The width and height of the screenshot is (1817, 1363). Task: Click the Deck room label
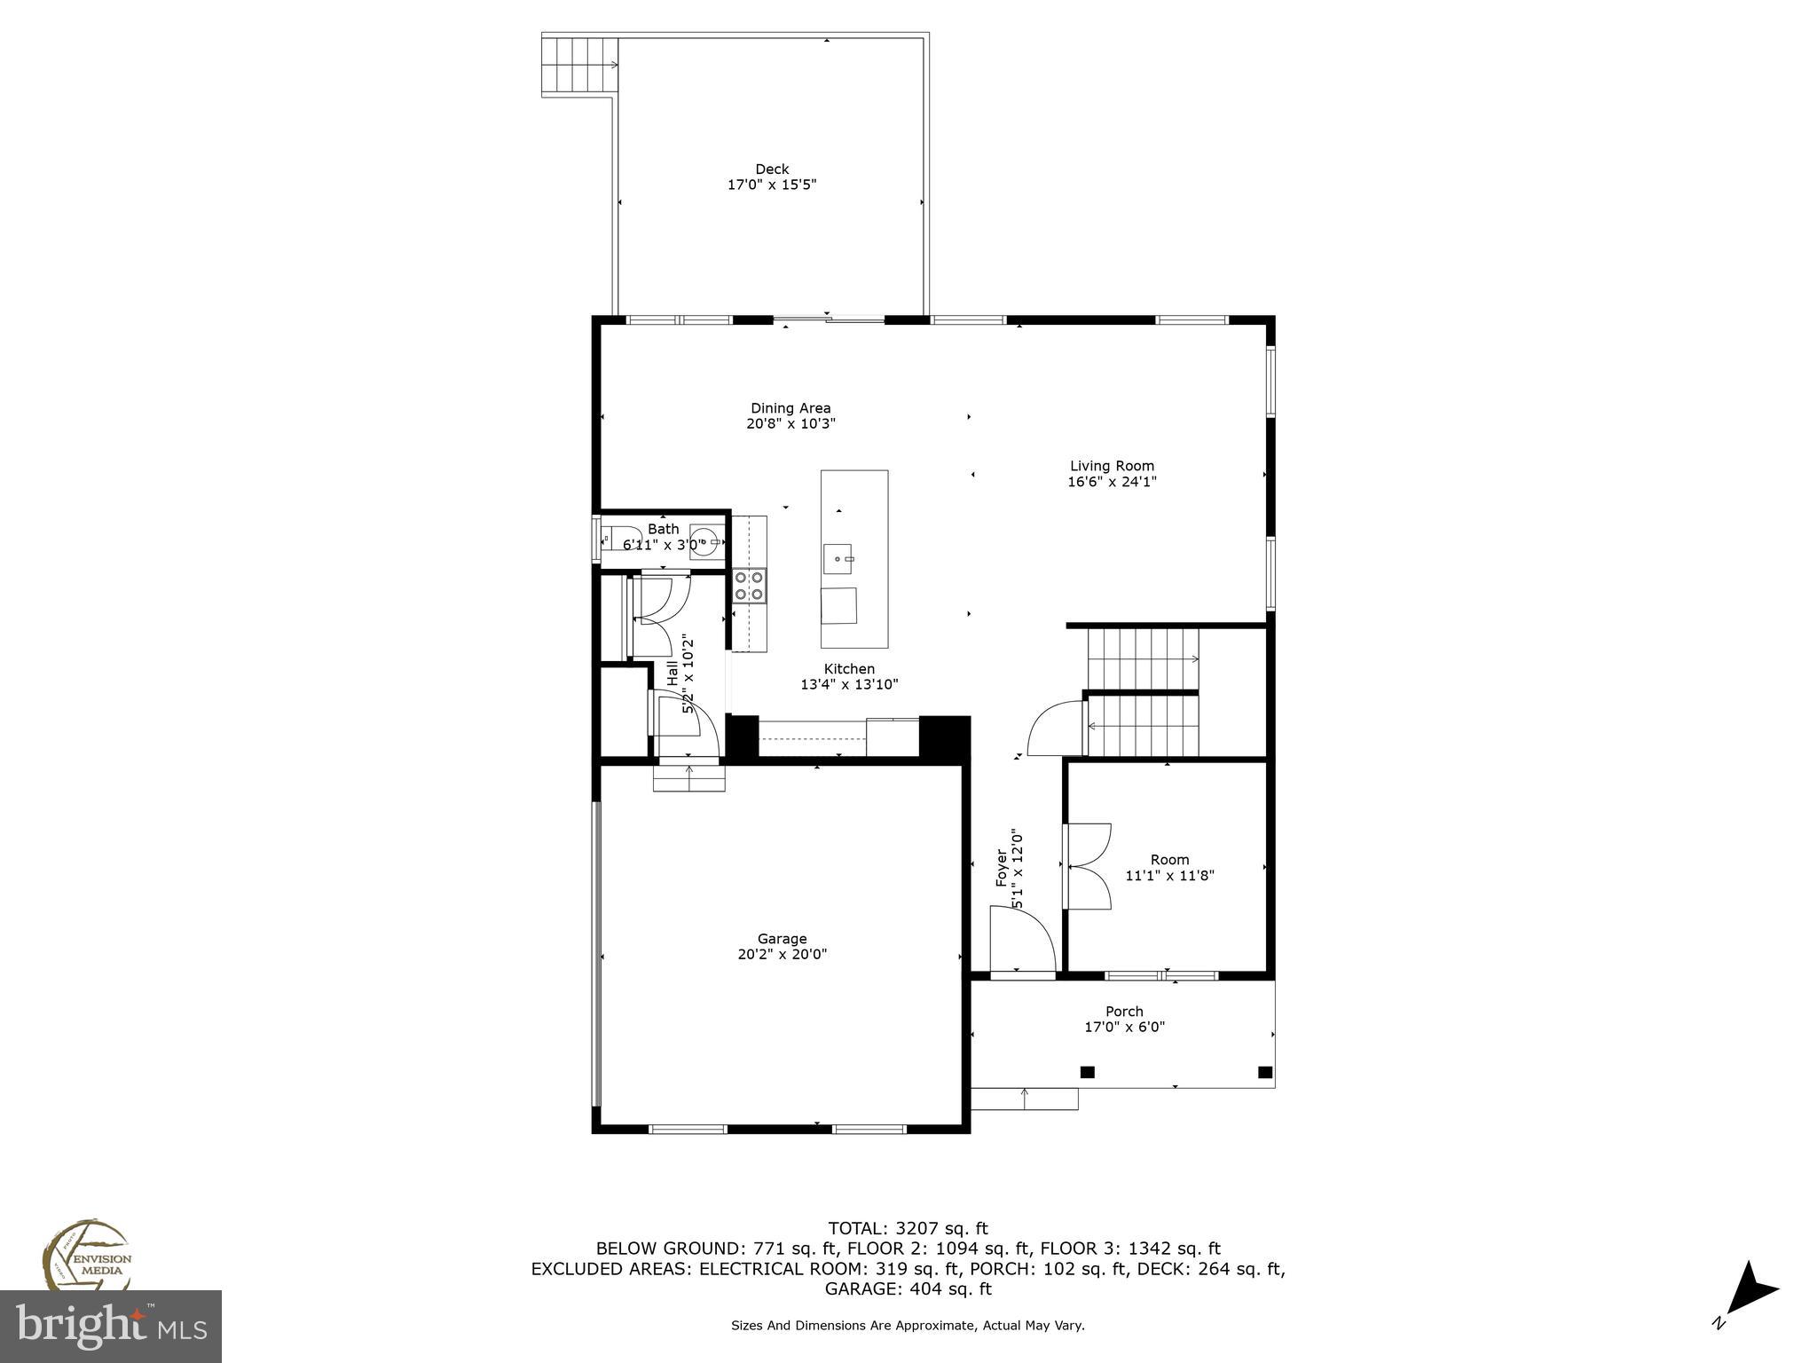[x=772, y=169]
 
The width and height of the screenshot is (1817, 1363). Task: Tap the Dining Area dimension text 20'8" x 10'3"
[x=791, y=424]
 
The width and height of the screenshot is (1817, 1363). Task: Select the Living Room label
[x=1112, y=466]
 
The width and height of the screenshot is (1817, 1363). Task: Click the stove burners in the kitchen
[x=749, y=586]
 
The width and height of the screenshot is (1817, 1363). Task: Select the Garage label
[x=782, y=939]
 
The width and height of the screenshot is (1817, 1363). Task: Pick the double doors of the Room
[x=1088, y=866]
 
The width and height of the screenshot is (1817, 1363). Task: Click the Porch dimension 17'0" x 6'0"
[x=1124, y=1028]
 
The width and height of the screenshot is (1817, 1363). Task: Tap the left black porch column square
[x=1087, y=1072]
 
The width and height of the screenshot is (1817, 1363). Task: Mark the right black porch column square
[x=1265, y=1072]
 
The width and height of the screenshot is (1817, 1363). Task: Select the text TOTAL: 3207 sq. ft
[x=908, y=1229]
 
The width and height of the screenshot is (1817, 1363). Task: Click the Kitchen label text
[x=849, y=669]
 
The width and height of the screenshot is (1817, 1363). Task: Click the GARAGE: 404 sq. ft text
[x=908, y=1289]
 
